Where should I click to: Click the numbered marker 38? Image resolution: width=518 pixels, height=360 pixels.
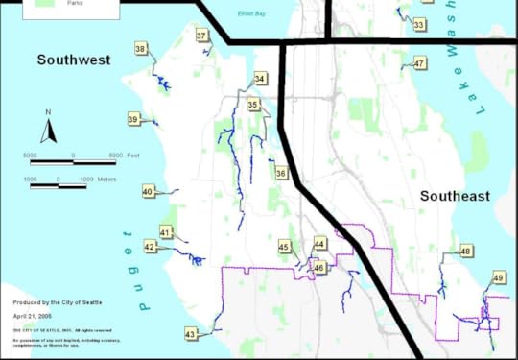click(141, 48)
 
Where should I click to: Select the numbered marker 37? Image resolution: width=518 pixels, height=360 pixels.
click(201, 36)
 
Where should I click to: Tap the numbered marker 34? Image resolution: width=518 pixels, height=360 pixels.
click(260, 79)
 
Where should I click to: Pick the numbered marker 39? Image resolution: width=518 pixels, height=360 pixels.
click(133, 119)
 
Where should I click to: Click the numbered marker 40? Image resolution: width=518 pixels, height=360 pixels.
click(148, 192)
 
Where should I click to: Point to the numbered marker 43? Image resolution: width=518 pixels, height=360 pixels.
click(191, 334)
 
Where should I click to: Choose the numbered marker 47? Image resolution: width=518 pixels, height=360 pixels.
click(419, 64)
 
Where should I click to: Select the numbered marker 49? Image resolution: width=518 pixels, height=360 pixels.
click(499, 277)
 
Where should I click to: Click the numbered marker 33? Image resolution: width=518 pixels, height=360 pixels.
click(419, 24)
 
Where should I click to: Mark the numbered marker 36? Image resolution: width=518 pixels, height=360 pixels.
click(281, 173)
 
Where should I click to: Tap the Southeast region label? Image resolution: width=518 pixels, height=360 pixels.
click(456, 196)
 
